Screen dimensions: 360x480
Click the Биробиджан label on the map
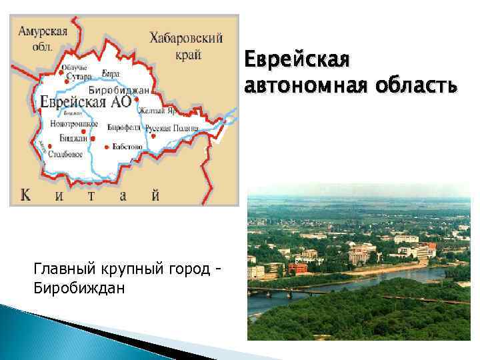118,89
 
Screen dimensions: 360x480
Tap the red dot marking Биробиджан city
137,99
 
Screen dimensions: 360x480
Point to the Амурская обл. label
43,39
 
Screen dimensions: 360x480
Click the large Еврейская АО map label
85,102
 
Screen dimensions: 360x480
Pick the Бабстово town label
127,146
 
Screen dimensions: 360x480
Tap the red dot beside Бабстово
105,146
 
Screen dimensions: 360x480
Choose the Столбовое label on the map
65,155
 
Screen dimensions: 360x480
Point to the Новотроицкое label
74,124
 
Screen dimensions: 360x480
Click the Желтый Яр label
157,111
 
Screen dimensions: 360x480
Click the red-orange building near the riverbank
298,267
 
